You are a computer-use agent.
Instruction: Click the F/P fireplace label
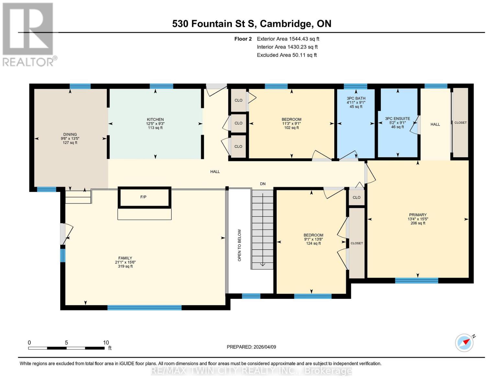pyautogui.click(x=143, y=197)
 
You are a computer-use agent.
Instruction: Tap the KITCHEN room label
pyautogui.click(x=155, y=119)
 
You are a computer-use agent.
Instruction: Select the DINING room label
pyautogui.click(x=70, y=134)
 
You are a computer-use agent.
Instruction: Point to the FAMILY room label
pyautogui.click(x=125, y=258)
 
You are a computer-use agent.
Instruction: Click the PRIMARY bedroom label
pyautogui.click(x=417, y=215)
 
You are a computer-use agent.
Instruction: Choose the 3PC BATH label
pyautogui.click(x=356, y=98)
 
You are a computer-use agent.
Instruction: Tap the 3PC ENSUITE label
pyautogui.click(x=397, y=119)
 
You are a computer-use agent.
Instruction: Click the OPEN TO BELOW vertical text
pyautogui.click(x=240, y=245)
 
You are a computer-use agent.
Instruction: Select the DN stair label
pyautogui.click(x=263, y=184)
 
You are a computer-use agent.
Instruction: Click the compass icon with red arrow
pyautogui.click(x=464, y=343)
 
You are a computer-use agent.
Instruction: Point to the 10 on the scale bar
pyautogui.click(x=106, y=343)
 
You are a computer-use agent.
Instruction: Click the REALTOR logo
pyautogui.click(x=29, y=34)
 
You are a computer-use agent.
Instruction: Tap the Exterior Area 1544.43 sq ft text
pyautogui.click(x=288, y=39)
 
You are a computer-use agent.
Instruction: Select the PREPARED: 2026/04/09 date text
pyautogui.click(x=251, y=347)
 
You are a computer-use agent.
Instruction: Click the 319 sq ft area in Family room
pyautogui.click(x=125, y=266)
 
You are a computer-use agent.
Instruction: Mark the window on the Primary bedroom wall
pyautogui.click(x=417, y=280)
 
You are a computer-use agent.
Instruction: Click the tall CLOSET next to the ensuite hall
pyautogui.click(x=460, y=123)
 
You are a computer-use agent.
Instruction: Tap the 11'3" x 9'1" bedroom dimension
pyautogui.click(x=292, y=124)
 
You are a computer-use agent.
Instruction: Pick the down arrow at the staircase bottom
pyautogui.click(x=263, y=264)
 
